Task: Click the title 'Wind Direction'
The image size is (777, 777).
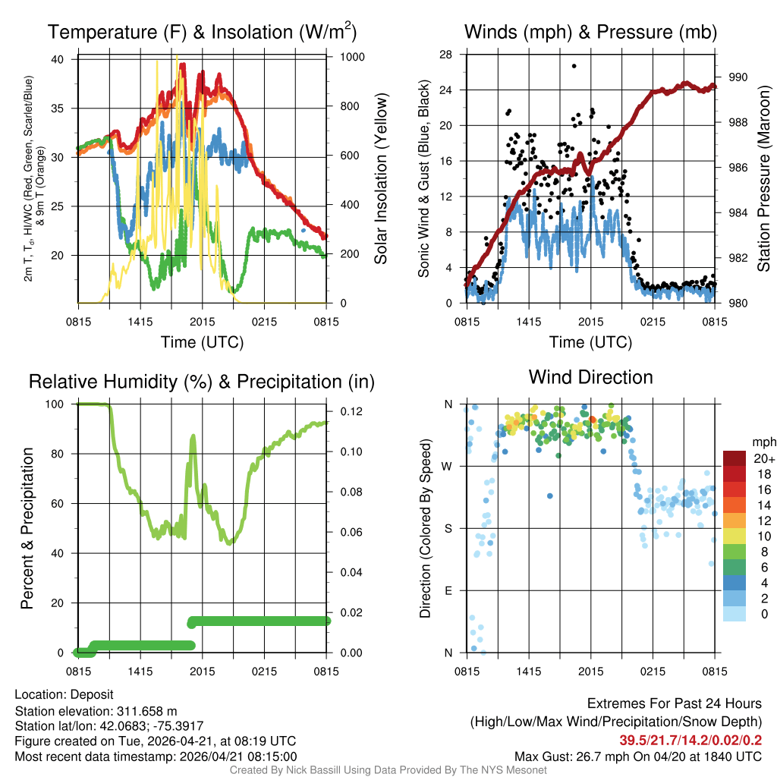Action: (x=590, y=377)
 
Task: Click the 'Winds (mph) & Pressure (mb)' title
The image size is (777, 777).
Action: (x=590, y=32)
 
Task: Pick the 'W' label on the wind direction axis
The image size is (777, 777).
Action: (x=448, y=466)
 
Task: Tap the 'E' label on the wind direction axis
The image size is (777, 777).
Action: (x=448, y=590)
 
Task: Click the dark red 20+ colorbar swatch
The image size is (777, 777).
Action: (x=734, y=458)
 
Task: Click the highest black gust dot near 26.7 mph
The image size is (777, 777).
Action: (x=574, y=66)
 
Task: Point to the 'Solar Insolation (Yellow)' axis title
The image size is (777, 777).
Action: (x=381, y=179)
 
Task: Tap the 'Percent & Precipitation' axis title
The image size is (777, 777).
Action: (x=27, y=528)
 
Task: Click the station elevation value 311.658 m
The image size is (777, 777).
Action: (x=146, y=711)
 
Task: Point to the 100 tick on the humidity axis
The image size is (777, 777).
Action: (x=64, y=404)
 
